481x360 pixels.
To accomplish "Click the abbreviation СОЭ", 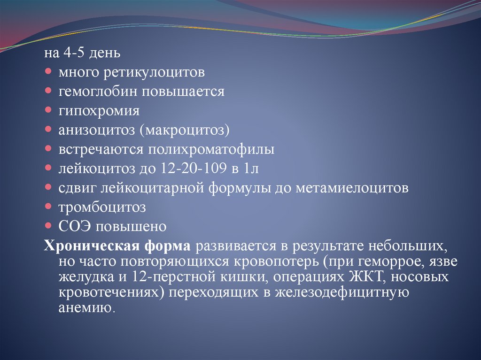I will coord(75,227).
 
